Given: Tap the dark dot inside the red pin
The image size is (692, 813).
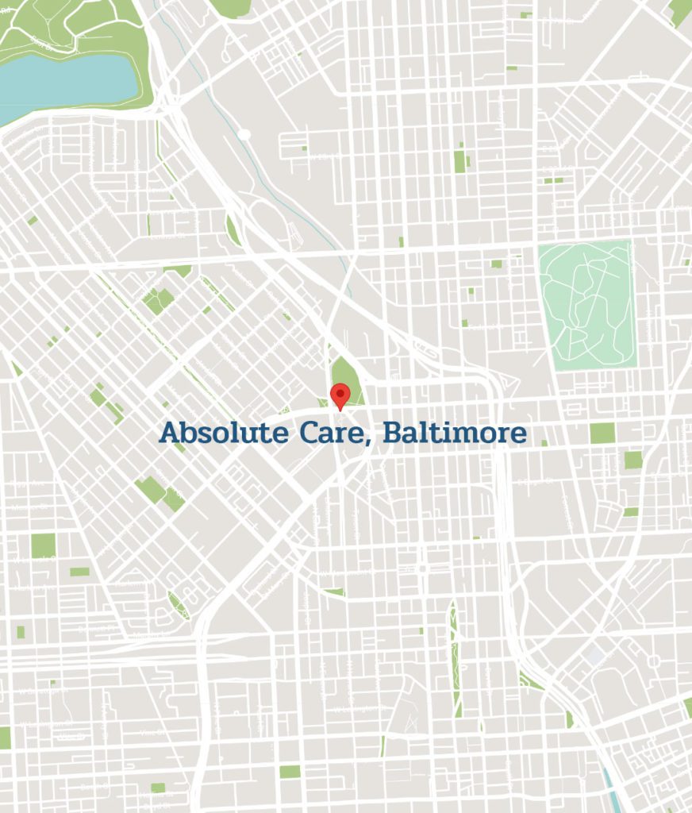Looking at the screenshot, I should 340,391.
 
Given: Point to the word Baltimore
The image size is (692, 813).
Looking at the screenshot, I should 454,433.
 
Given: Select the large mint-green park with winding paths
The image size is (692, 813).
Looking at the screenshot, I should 586,305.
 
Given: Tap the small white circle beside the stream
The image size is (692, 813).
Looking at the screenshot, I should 245,135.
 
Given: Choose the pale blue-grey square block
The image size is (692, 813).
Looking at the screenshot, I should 595,657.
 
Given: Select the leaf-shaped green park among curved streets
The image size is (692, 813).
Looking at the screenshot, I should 178,605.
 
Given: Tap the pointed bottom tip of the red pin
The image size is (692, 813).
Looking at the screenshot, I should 340,410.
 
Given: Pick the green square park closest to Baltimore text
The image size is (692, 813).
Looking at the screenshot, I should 602,433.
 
